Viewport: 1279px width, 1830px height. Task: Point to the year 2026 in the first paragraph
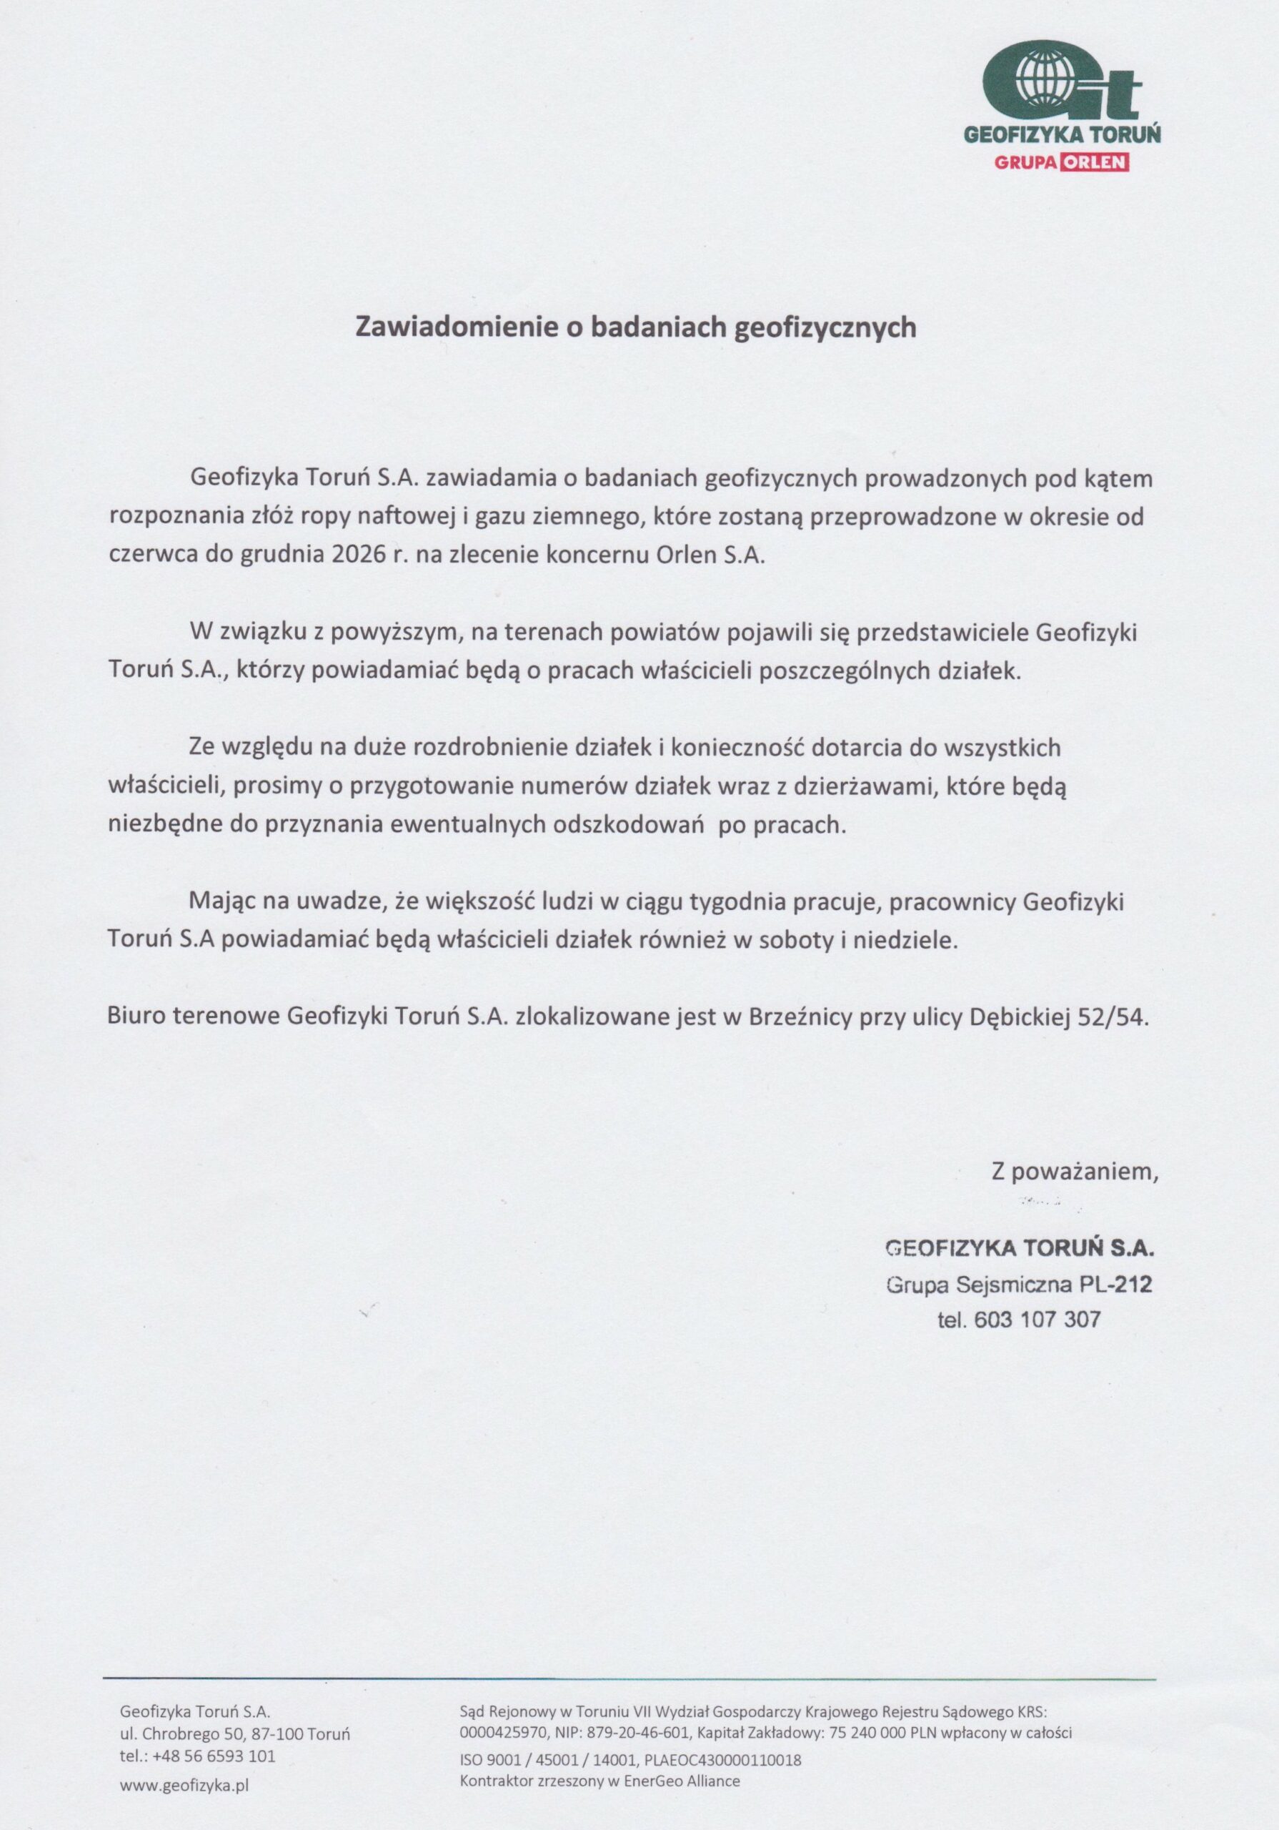tap(351, 555)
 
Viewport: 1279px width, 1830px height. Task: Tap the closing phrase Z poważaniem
tap(1074, 1171)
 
